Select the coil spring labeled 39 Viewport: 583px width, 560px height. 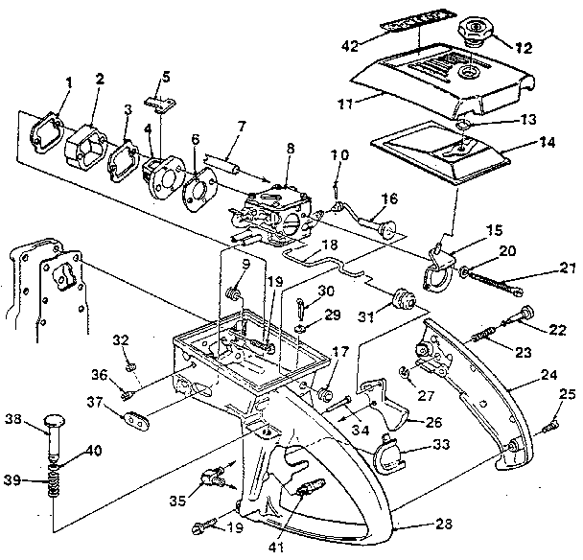(48, 479)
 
